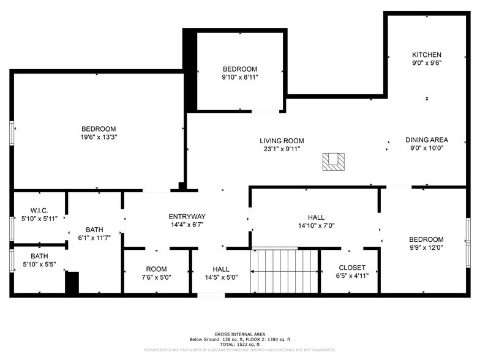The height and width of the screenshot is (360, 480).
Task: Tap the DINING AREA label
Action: pyautogui.click(x=426, y=140)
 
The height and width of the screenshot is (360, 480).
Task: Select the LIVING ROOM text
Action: pyautogui.click(x=282, y=141)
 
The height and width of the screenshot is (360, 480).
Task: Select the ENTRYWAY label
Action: pyautogui.click(x=187, y=216)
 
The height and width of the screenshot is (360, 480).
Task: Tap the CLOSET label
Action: pyautogui.click(x=352, y=268)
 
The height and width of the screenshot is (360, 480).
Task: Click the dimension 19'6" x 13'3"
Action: pyautogui.click(x=99, y=137)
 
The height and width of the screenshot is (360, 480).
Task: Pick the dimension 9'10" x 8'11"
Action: pyautogui.click(x=239, y=78)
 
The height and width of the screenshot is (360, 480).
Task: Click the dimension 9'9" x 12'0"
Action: pyautogui.click(x=426, y=248)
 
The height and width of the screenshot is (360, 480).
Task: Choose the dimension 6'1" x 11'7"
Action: pyautogui.click(x=94, y=238)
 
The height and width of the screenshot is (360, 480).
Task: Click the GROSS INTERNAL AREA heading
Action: pyautogui.click(x=239, y=334)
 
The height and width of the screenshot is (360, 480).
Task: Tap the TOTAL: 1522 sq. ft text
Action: pyautogui.click(x=239, y=344)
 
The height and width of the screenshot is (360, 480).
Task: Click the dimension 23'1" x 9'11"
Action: pyautogui.click(x=282, y=149)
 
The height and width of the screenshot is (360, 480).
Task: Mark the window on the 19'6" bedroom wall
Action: pyautogui.click(x=12, y=132)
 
